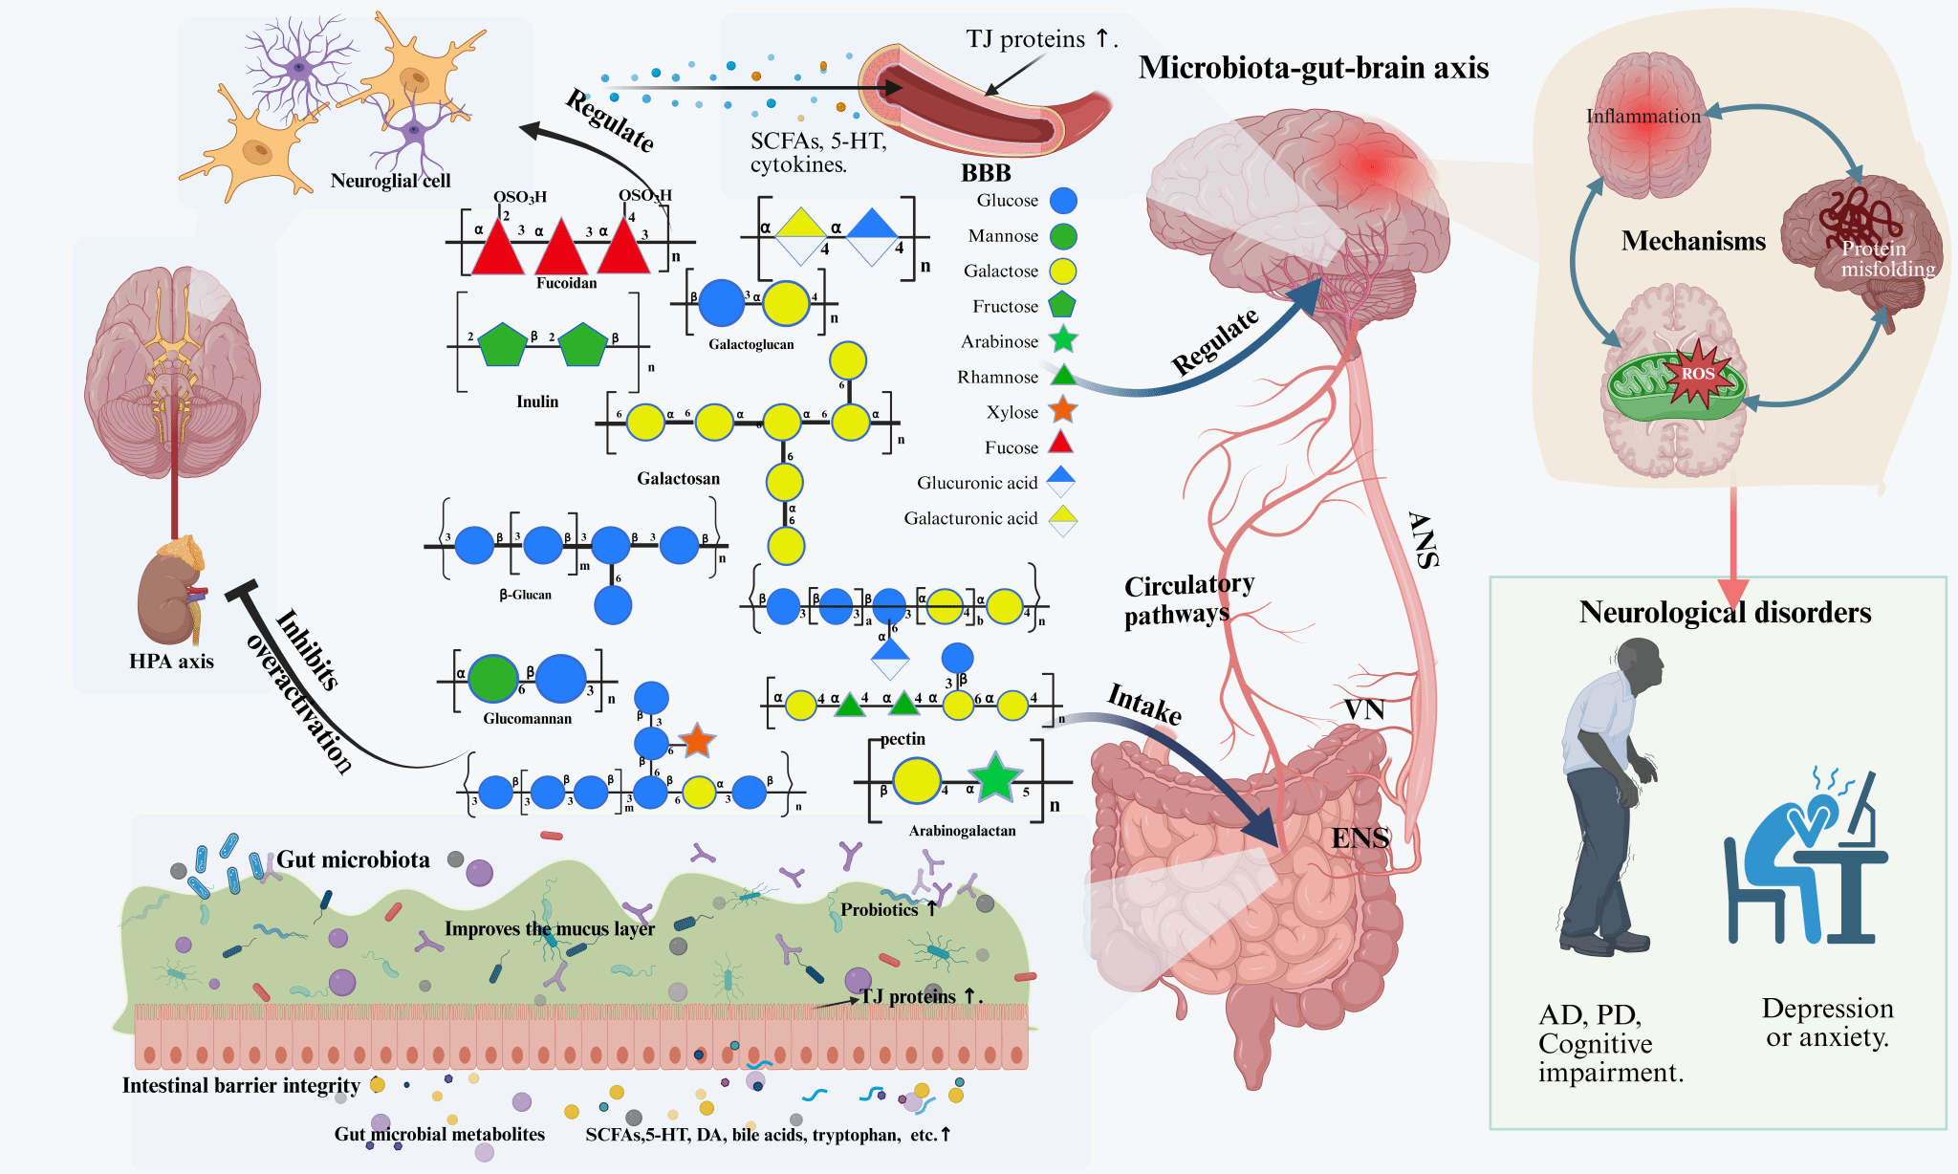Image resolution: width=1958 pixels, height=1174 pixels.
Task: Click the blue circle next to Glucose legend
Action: [1063, 201]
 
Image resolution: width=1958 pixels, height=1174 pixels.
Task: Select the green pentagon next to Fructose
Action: [1062, 305]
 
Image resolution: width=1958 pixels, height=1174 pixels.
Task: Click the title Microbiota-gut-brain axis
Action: [1313, 68]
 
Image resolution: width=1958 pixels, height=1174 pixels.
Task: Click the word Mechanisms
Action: [1693, 241]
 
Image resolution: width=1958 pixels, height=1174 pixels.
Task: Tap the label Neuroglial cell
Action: [390, 181]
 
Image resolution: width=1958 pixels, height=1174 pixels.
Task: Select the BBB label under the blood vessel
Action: [986, 173]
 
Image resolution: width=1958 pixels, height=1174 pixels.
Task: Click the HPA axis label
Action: [171, 662]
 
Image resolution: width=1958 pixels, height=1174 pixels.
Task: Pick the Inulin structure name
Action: [537, 402]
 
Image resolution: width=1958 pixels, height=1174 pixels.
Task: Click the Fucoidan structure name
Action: [566, 283]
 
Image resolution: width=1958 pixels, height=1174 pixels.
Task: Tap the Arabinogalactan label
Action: [962, 831]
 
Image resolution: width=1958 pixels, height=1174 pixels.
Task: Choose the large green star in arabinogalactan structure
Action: [994, 776]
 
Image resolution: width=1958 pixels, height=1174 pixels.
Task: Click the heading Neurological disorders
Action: [1725, 612]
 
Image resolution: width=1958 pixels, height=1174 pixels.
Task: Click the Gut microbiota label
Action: [353, 859]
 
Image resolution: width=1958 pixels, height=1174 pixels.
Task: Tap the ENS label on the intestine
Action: [1360, 838]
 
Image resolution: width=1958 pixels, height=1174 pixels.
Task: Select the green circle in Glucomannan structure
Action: [493, 679]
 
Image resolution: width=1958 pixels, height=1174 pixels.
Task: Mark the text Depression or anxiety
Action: [1827, 1023]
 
